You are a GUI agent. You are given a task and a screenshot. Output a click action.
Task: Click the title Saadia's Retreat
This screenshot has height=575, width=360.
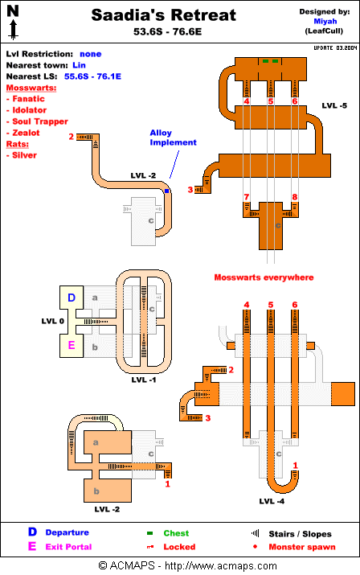(163, 15)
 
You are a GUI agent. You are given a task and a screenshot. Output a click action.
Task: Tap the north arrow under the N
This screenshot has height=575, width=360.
(13, 30)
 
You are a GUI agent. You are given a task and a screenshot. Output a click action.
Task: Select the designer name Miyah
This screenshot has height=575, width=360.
(325, 21)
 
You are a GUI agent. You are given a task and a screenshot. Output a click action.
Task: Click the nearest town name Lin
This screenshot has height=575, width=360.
(80, 65)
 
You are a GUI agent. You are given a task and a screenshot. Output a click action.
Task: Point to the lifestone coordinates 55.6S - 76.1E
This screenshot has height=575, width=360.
(92, 76)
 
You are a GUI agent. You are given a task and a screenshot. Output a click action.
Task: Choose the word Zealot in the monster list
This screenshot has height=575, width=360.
(26, 133)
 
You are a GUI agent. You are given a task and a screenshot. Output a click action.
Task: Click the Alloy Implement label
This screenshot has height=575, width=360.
(173, 138)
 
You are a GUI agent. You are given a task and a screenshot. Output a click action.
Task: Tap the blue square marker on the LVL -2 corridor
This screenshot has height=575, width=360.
(167, 191)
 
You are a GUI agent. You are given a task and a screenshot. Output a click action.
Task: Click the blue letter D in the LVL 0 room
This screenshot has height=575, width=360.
(72, 298)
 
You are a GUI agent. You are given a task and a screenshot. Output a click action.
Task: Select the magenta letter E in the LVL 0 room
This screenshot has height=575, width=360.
(72, 345)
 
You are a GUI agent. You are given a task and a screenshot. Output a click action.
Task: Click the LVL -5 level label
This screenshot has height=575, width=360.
(334, 105)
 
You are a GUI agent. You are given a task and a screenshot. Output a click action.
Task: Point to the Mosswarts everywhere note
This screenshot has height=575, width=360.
(264, 277)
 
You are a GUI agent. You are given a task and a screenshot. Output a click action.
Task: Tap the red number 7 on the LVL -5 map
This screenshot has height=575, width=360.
(247, 197)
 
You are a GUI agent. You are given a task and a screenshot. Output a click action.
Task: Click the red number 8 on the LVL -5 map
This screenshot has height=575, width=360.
(295, 197)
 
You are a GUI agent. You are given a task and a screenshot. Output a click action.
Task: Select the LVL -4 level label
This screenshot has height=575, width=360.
(272, 501)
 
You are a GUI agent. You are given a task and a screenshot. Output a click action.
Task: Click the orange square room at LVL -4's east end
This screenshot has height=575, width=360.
(343, 394)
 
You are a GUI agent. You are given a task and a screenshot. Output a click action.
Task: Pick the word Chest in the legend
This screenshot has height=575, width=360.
(176, 533)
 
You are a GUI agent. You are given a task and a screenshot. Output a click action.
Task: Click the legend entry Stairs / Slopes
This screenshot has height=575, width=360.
(300, 534)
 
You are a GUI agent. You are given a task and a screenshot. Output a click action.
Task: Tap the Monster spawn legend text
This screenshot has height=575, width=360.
(302, 547)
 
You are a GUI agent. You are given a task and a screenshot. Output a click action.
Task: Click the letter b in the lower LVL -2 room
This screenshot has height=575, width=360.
(96, 491)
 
